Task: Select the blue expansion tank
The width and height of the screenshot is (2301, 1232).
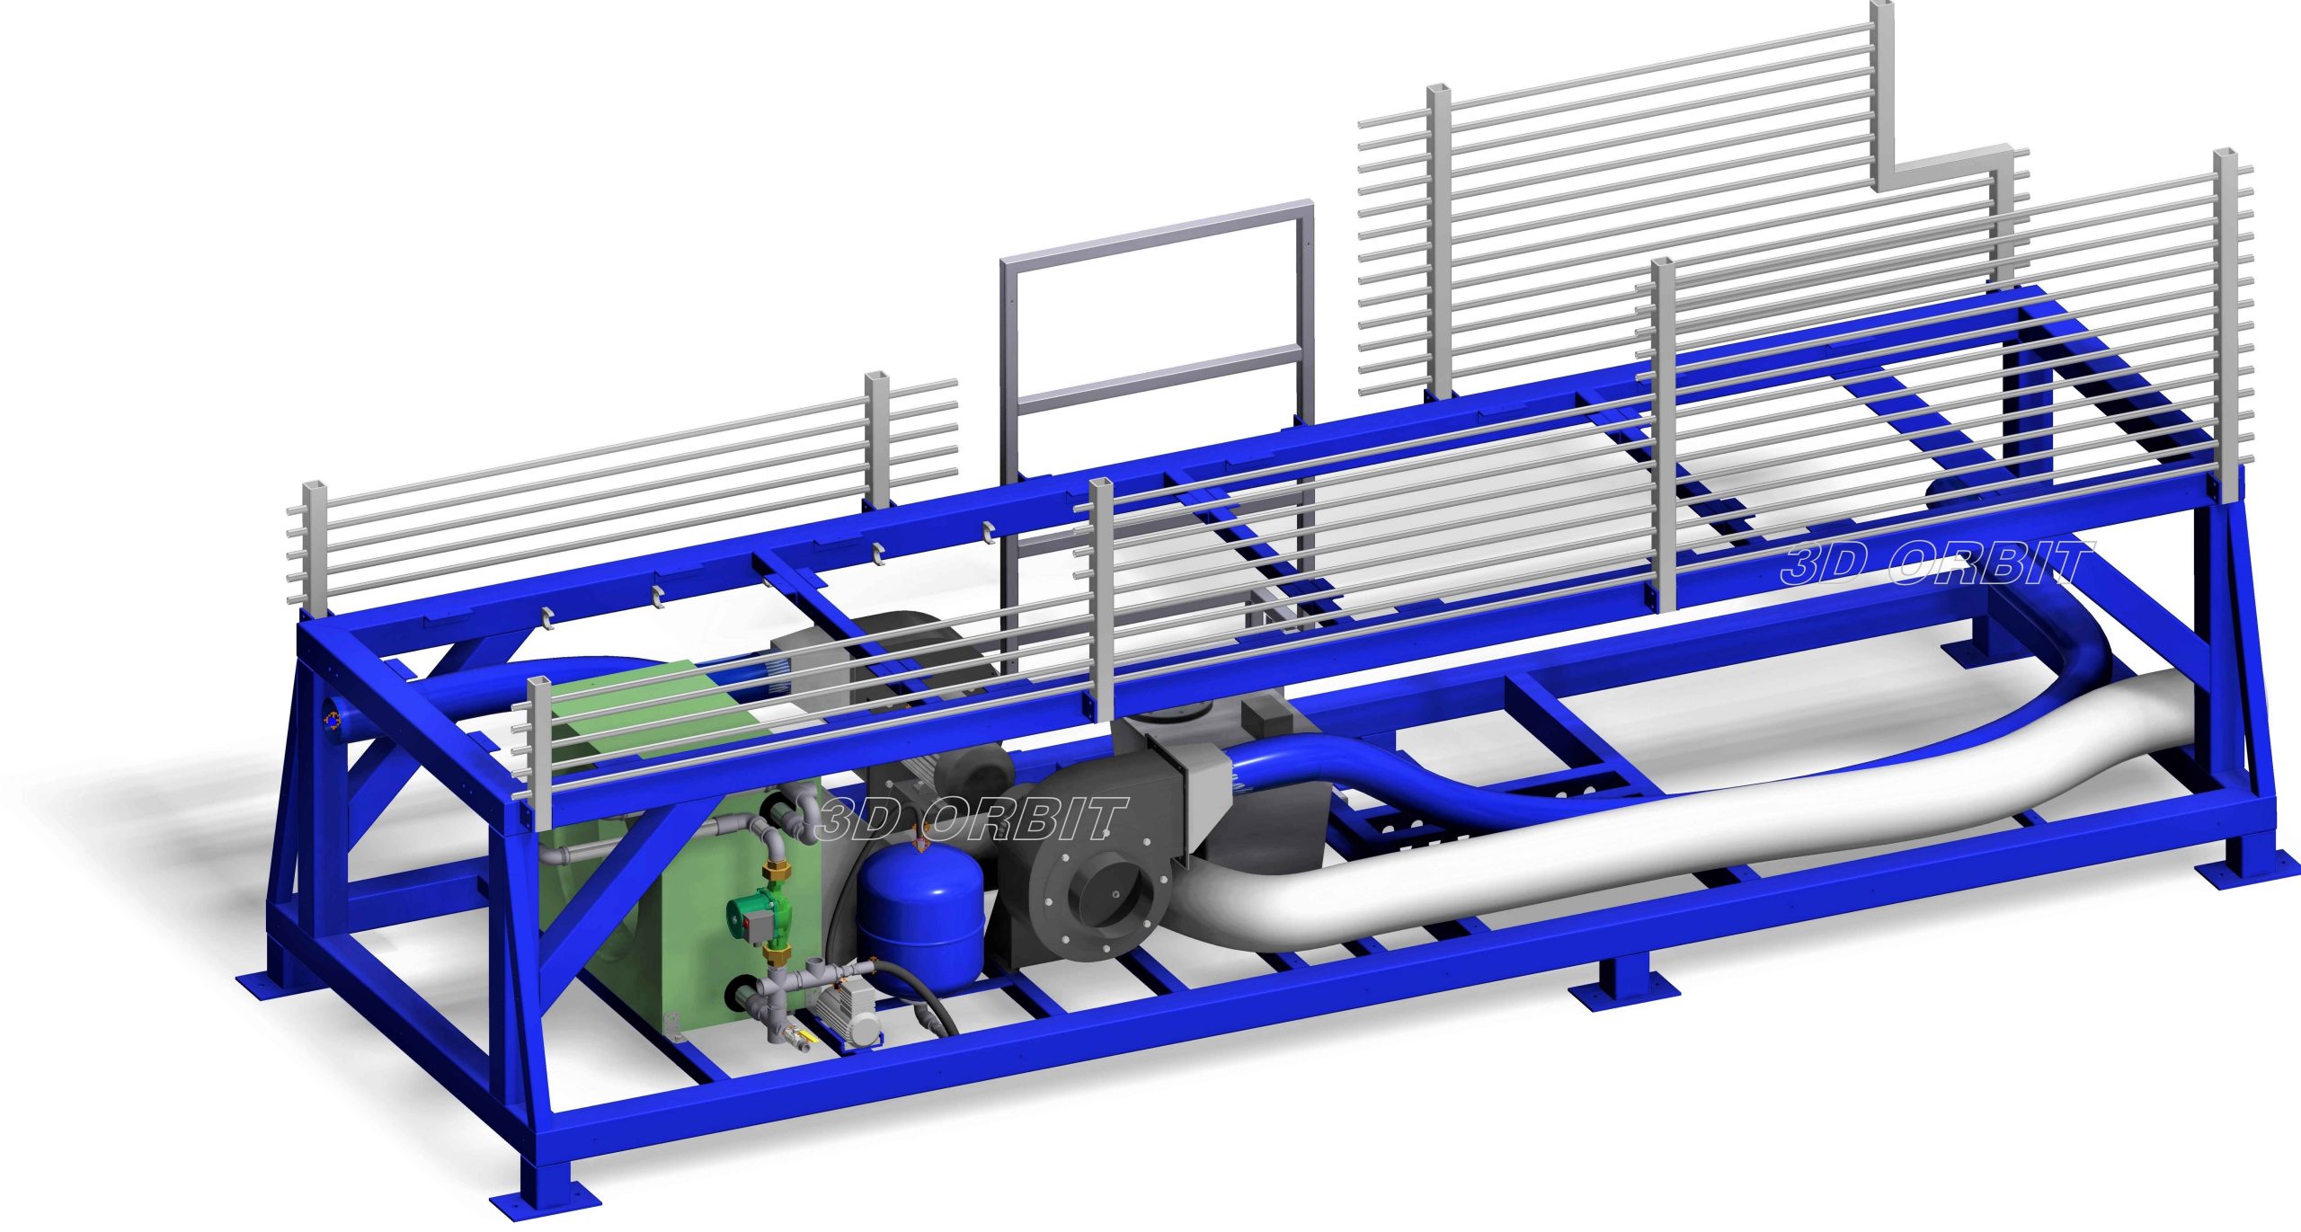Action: (x=922, y=911)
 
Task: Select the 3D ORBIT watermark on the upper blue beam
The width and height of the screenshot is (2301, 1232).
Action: (x=1936, y=563)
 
